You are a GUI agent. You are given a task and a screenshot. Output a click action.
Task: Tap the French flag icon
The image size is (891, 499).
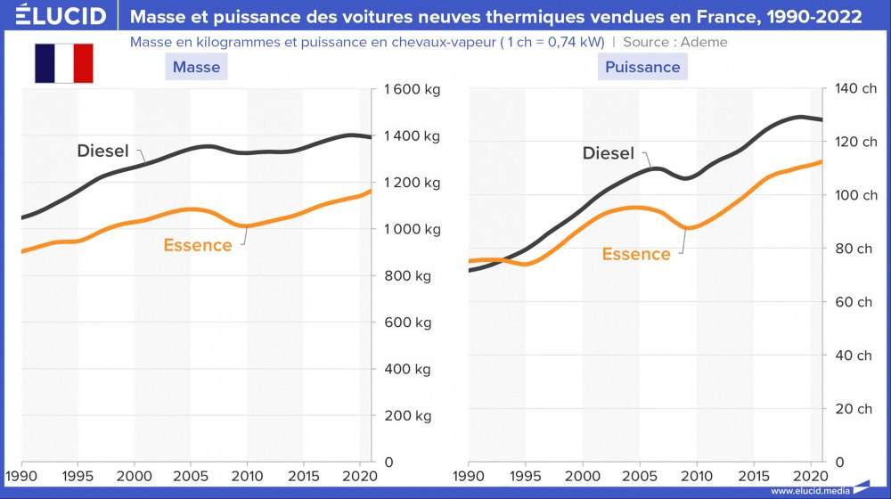pyautogui.click(x=64, y=63)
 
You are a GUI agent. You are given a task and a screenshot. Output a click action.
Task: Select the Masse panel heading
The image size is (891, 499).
pyautogui.click(x=196, y=67)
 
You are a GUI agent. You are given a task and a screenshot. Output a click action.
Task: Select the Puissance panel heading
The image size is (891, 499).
pyautogui.click(x=642, y=67)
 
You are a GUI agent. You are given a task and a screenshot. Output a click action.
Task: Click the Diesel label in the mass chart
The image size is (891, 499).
pyautogui.click(x=103, y=151)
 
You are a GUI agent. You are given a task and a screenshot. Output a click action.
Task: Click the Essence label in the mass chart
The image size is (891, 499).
pyautogui.click(x=198, y=245)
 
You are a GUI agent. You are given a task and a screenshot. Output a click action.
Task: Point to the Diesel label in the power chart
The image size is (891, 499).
pyautogui.click(x=609, y=153)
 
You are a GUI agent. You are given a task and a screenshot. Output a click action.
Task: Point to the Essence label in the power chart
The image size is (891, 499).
pyautogui.click(x=636, y=254)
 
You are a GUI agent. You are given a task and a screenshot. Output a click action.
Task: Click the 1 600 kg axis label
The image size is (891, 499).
pyautogui.click(x=412, y=89)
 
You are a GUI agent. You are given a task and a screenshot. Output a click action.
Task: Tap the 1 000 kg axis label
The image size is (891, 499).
pyautogui.click(x=412, y=229)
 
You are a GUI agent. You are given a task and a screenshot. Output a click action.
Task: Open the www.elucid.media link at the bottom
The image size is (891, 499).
pyautogui.click(x=807, y=490)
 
